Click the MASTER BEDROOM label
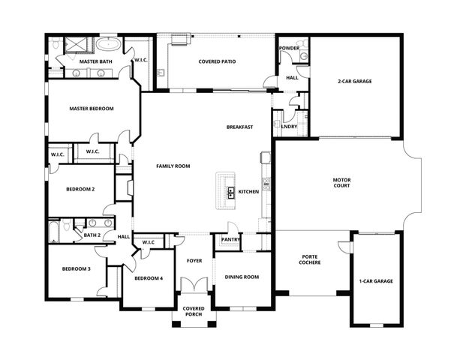click(92, 109)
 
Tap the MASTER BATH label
click(95, 61)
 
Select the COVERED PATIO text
click(218, 61)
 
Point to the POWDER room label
click(289, 48)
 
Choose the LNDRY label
click(288, 127)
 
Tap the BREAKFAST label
click(239, 127)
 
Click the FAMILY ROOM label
click(173, 165)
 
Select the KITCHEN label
click(248, 192)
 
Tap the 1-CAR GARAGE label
click(375, 281)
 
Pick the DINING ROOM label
click(242, 277)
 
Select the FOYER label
click(194, 260)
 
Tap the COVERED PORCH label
click(194, 311)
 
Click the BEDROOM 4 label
click(148, 278)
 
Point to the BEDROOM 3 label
click(76, 268)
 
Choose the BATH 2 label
click(92, 235)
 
